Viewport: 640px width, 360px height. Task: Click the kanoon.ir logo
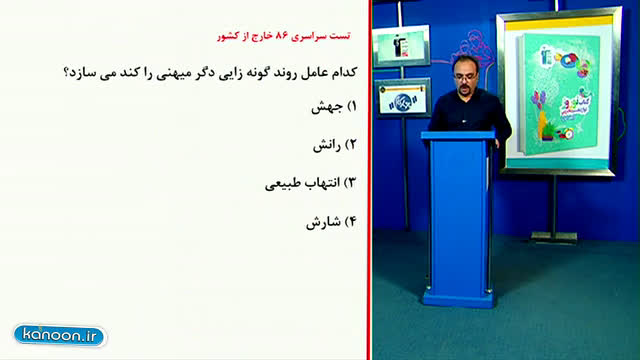[60, 336]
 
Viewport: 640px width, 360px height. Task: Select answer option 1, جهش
[334, 107]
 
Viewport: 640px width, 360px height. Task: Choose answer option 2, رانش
[335, 145]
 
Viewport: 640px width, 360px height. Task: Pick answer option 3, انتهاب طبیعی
[311, 183]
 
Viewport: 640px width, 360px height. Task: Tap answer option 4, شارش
[331, 222]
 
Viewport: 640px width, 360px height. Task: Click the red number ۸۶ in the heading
[282, 36]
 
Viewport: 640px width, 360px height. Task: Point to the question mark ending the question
[66, 73]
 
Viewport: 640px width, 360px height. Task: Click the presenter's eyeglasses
[464, 76]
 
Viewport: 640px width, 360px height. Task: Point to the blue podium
[459, 218]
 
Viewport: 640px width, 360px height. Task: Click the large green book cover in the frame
[559, 95]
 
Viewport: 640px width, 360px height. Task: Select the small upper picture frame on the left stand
[401, 46]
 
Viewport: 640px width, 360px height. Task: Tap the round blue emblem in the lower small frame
[402, 101]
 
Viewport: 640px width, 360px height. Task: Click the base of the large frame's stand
[554, 237]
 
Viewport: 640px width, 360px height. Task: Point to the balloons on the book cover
[538, 99]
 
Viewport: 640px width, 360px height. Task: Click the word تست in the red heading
[340, 36]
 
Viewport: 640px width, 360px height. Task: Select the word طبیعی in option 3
[284, 184]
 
